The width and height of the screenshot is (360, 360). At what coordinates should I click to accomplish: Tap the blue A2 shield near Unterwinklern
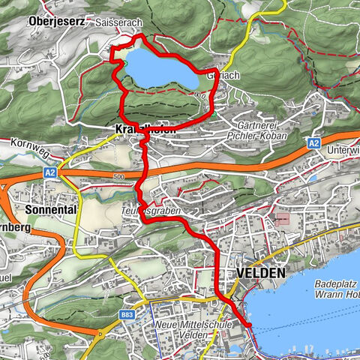pos(314,142)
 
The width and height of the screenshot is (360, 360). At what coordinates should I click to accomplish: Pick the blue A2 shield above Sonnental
pos(50,172)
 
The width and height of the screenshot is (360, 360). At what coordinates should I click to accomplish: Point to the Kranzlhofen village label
pos(146,130)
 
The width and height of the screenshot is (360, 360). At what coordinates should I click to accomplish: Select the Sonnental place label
pos(50,210)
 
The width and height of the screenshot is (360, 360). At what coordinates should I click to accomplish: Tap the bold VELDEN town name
pos(259,274)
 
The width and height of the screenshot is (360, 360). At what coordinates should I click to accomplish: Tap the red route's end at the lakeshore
pos(247,325)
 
